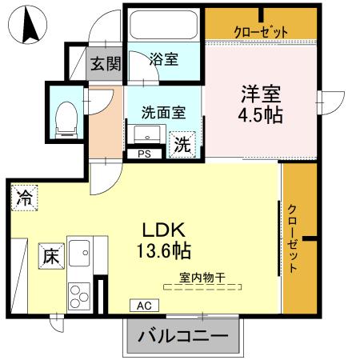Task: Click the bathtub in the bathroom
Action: click(x=163, y=25)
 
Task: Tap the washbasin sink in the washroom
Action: click(x=146, y=134)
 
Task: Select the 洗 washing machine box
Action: click(x=183, y=145)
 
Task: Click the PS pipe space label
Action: click(x=145, y=154)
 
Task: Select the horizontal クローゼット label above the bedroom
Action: click(x=261, y=31)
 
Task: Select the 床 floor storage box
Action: click(x=50, y=257)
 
